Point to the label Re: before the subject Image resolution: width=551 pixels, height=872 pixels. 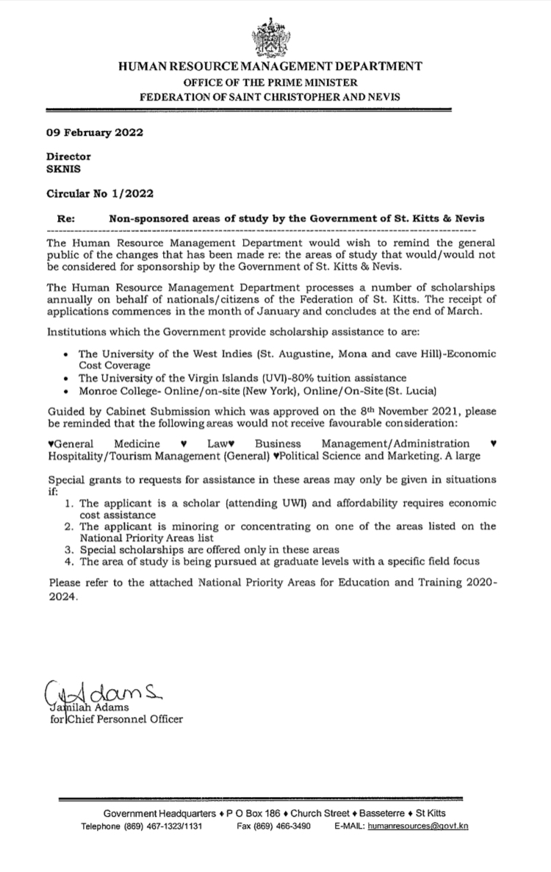point(66,219)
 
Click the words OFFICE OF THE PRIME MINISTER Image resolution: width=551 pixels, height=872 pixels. point(270,82)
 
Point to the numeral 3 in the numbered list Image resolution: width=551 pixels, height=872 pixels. point(67,550)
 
